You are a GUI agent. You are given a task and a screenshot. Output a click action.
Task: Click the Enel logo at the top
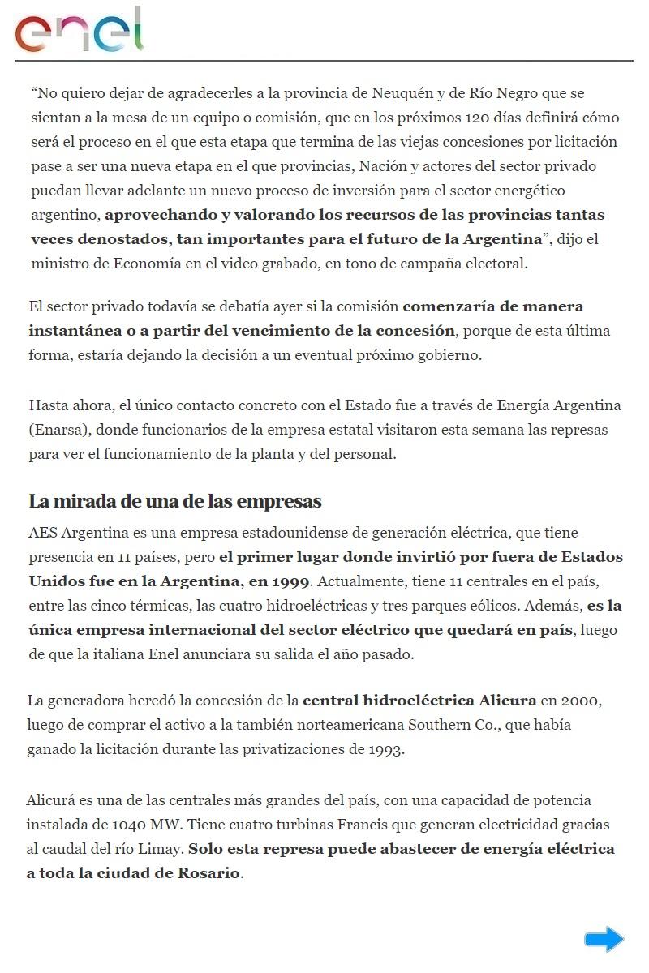point(79,31)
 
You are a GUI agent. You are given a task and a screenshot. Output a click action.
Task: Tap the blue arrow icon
point(604,939)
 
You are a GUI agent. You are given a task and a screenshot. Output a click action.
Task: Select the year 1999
point(290,582)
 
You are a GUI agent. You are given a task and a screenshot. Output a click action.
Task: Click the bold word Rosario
point(208,874)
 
